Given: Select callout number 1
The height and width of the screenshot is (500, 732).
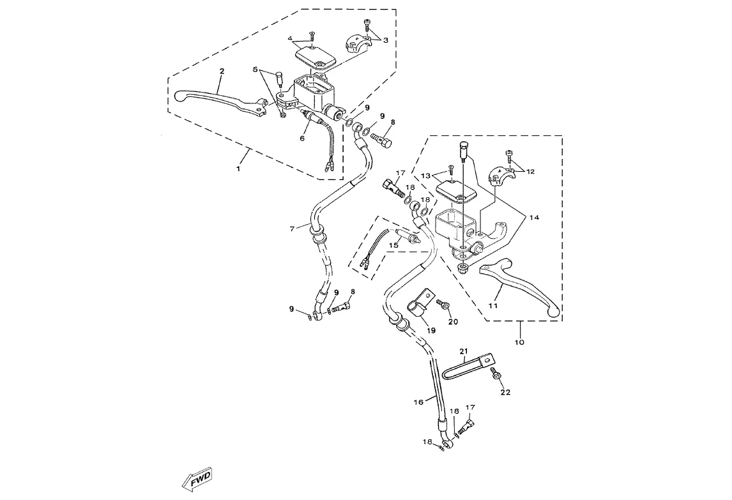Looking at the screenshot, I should coord(239,169).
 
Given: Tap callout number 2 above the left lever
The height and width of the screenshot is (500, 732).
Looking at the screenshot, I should coord(222,72).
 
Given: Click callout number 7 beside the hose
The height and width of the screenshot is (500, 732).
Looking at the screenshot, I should coord(293,228).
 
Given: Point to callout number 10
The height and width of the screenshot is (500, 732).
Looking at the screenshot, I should coord(519,343).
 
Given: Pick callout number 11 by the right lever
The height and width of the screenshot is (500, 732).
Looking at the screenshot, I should coord(492,307).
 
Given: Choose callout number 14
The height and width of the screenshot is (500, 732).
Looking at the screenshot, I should coord(534,218).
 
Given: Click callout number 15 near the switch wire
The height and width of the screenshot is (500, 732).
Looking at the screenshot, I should coord(394,244).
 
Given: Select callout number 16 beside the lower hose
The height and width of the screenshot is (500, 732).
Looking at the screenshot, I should coord(419,402).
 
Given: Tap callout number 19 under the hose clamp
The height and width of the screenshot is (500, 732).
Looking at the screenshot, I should coord(431,331).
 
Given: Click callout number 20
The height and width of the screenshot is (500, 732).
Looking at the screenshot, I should coord(454,321).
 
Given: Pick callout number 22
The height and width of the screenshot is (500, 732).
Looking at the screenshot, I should coord(505,392).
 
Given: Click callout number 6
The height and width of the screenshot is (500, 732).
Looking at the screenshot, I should coord(303,137).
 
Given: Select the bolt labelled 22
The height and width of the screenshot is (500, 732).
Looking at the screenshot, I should coord(494,375).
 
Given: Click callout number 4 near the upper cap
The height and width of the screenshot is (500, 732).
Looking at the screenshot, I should coord(290,39).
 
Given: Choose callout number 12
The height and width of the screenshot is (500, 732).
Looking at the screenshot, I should coord(530,171).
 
